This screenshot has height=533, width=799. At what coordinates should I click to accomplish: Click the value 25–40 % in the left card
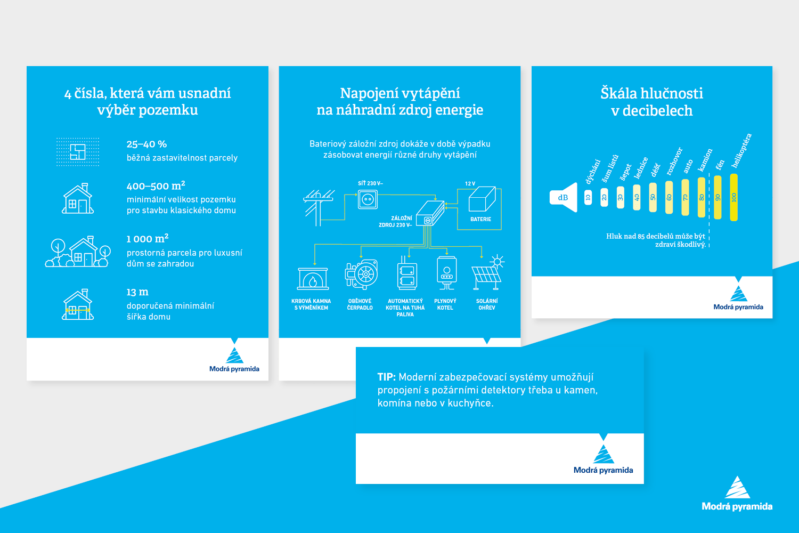point(146,144)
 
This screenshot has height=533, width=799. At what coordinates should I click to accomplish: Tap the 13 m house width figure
point(137,292)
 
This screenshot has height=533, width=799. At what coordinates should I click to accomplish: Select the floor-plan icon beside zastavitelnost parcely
point(78,152)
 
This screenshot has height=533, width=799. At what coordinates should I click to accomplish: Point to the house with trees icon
point(78,252)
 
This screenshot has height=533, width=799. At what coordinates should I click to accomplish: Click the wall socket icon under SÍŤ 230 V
point(368,199)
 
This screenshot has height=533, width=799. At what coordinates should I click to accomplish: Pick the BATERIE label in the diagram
point(480,219)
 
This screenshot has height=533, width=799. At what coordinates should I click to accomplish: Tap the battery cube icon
point(482,199)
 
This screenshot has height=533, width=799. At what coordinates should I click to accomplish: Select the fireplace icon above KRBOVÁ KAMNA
point(313,278)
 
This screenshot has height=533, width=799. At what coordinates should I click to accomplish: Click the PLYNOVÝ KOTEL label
point(445,304)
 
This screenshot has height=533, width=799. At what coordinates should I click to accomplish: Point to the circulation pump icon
point(361,274)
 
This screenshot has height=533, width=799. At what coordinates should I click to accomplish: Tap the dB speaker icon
point(564,197)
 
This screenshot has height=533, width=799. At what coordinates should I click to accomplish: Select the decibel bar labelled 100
point(733,197)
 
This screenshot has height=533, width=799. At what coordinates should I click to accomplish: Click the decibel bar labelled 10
point(588,197)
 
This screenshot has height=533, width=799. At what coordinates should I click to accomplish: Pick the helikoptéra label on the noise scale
point(741,150)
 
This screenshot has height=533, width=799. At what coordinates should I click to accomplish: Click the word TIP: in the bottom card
point(387,377)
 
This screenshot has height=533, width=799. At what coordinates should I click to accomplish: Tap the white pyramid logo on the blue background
point(737,487)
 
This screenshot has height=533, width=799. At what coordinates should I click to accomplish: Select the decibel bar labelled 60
point(669,197)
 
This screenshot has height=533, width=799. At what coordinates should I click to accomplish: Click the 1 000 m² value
point(148,238)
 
